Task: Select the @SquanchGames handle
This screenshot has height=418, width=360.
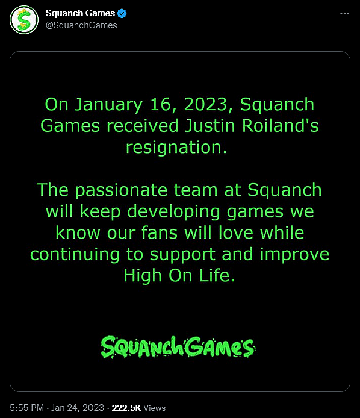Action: pyautogui.click(x=82, y=25)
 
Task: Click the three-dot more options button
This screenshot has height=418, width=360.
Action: pyautogui.click(x=344, y=13)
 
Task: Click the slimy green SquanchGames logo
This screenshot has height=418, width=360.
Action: pyautogui.click(x=178, y=347)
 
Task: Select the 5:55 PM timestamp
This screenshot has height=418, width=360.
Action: pyautogui.click(x=26, y=408)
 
